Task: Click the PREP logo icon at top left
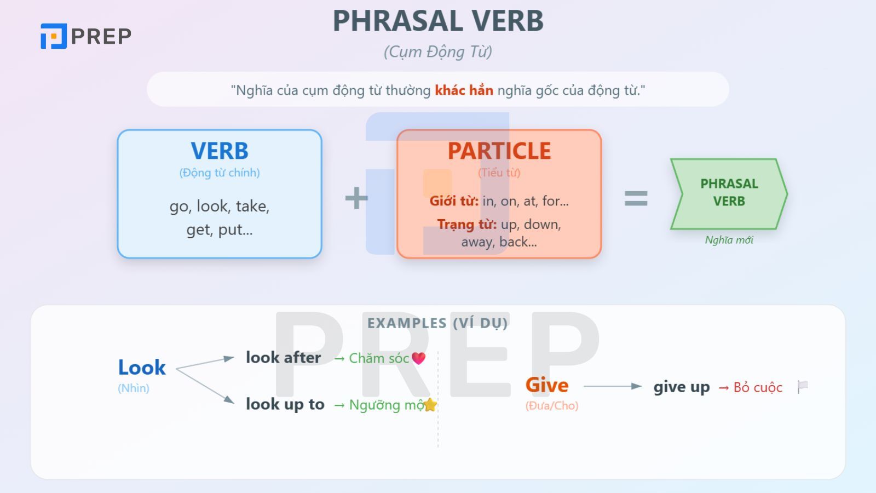pyautogui.click(x=54, y=36)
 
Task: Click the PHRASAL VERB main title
pyautogui.click(x=438, y=21)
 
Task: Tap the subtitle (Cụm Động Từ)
pyautogui.click(x=438, y=51)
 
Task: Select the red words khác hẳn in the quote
pyautogui.click(x=464, y=90)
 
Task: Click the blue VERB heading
pyautogui.click(x=220, y=151)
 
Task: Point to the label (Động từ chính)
pyautogui.click(x=220, y=173)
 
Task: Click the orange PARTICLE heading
pyautogui.click(x=499, y=151)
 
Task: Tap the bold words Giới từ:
pyautogui.click(x=454, y=201)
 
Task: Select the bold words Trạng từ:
pyautogui.click(x=466, y=224)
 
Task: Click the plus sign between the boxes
pyautogui.click(x=356, y=198)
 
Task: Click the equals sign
pyautogui.click(x=636, y=198)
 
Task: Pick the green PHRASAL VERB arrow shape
pyautogui.click(x=729, y=193)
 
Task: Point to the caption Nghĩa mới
pyautogui.click(x=729, y=240)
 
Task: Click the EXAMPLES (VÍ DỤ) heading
pyautogui.click(x=437, y=323)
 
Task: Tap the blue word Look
pyautogui.click(x=142, y=367)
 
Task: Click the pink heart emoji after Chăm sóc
pyautogui.click(x=418, y=358)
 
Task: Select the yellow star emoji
pyautogui.click(x=430, y=405)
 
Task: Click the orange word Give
pyautogui.click(x=547, y=385)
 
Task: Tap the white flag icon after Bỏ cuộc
pyautogui.click(x=803, y=387)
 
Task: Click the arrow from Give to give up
pyautogui.click(x=612, y=386)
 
